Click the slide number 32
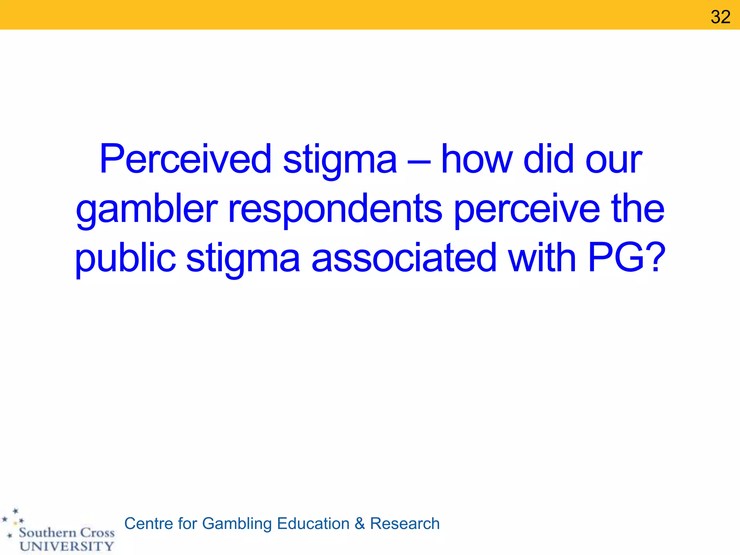pyautogui.click(x=720, y=17)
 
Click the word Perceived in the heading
pyautogui.click(x=185, y=159)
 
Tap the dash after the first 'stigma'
pyautogui.click(x=419, y=162)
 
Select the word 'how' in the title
pyautogui.click(x=477, y=159)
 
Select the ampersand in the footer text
pyautogui.click(x=360, y=524)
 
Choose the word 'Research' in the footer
pyautogui.click(x=405, y=524)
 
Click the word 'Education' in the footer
pyautogui.click(x=313, y=524)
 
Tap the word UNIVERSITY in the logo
pyautogui.click(x=67, y=546)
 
